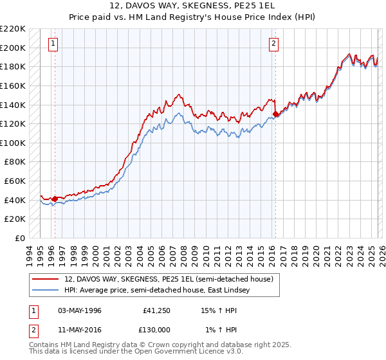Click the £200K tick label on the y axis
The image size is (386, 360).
[13, 48]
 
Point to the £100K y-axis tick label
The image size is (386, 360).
[13, 143]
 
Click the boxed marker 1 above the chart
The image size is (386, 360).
[52, 44]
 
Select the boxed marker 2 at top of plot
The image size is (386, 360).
[273, 44]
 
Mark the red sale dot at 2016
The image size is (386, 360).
[275, 114]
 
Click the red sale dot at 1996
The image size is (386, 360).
[55, 199]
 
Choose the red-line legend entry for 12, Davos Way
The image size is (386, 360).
[169, 279]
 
